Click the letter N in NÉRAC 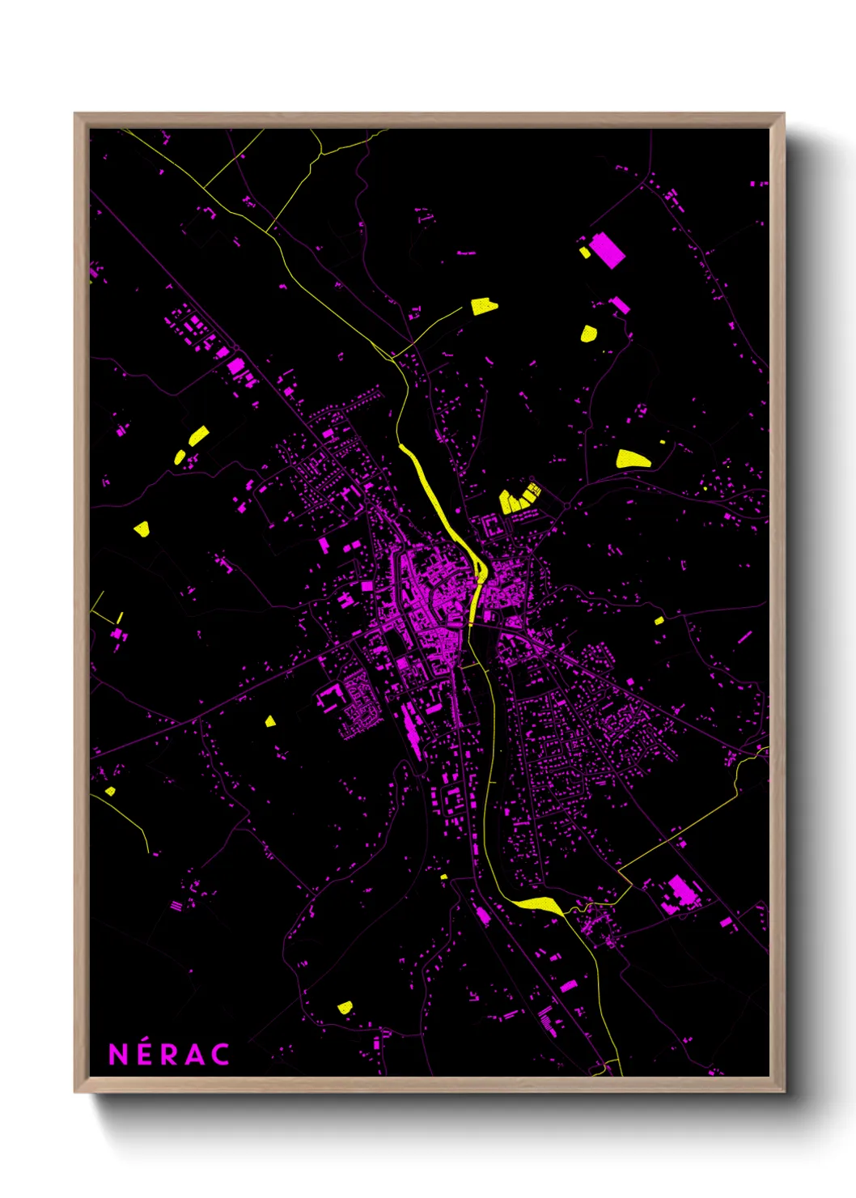118,1054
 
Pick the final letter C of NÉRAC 221,1054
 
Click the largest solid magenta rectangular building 607,249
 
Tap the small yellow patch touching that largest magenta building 585,253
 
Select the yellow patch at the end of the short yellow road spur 484,306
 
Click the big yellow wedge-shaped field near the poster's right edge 632,460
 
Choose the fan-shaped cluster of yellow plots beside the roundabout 519,498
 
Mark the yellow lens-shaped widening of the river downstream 537,904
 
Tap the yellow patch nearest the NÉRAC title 345,1007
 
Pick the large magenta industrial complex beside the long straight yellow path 680,893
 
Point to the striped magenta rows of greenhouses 549,1022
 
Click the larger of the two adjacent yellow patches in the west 198,435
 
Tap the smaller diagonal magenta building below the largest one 620,305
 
